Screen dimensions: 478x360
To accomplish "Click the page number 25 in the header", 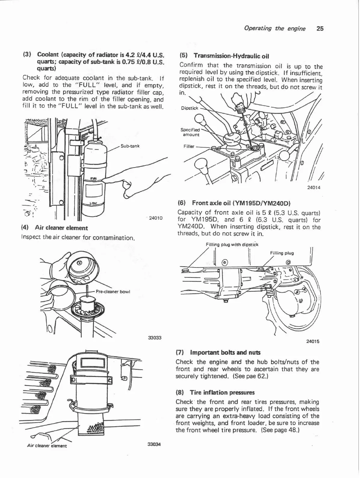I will tap(320, 29).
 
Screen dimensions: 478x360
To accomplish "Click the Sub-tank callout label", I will tap(130, 146).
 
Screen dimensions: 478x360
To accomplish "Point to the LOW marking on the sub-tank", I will tap(94, 203).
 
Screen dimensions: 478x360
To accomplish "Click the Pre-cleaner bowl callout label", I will tap(112, 291).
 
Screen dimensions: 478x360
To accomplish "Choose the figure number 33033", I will tap(155, 338).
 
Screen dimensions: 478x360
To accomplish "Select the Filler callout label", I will tap(189, 146).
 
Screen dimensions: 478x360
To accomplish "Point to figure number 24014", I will tap(314, 188).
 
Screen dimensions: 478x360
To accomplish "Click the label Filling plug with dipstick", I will tap(232, 244).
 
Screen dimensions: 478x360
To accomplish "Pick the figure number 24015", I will tap(312, 341).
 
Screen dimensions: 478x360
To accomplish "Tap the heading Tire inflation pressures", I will tap(222, 392).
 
